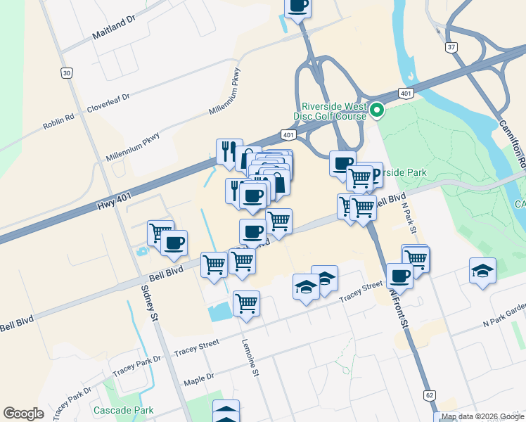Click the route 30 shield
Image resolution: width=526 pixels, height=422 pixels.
click(66, 72)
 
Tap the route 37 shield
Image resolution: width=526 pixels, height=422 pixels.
click(451, 46)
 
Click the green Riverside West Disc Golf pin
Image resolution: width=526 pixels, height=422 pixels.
click(377, 110)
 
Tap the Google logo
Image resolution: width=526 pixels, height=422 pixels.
click(24, 414)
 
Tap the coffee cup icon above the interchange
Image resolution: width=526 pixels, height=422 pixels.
click(298, 6)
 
